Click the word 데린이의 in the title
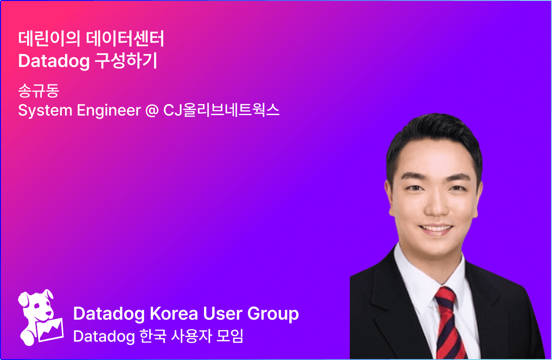50,39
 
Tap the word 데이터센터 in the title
125,39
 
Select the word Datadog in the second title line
54,61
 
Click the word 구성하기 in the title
126,61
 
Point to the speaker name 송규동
39,90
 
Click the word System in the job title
45,111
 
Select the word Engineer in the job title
109,111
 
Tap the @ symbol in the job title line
152,111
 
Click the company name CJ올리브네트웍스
221,110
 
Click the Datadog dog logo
41,317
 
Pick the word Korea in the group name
174,314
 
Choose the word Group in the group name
273,315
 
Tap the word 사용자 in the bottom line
191,336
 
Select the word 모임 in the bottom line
230,336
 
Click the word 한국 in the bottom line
153,336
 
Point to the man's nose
436,205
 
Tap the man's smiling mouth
436,229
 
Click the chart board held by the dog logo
50,330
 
